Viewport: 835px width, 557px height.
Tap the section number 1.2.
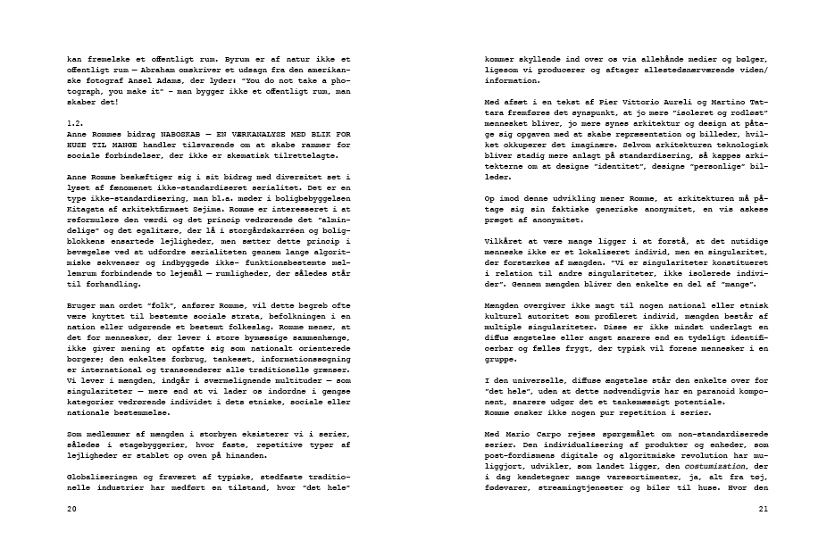[75, 121]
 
